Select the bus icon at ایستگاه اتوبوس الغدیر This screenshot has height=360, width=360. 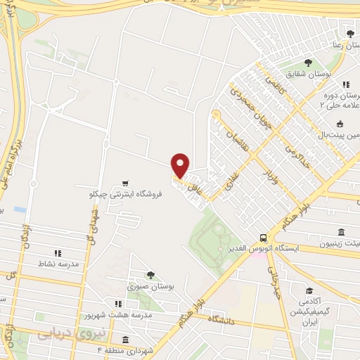pyautogui.click(x=262, y=238)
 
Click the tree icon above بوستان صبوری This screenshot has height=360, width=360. pyautogui.click(x=149, y=275)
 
